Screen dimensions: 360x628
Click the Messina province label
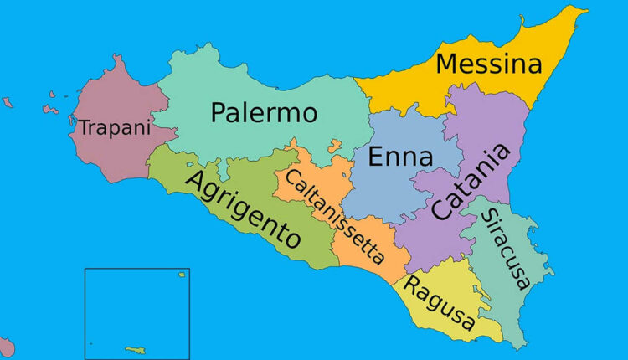[x=489, y=64]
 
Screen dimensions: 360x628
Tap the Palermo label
[x=264, y=112]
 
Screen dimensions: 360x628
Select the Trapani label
[x=114, y=128]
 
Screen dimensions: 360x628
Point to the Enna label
[x=401, y=157]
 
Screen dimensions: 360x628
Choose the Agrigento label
[x=244, y=208]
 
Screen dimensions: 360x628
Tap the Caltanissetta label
[x=334, y=216]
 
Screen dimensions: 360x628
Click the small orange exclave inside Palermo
[x=335, y=146]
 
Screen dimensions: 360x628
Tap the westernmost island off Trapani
[x=8, y=102]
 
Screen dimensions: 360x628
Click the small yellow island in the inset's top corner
[x=181, y=274]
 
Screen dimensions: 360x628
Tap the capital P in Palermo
[x=219, y=112]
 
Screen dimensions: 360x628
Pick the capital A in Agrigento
[x=198, y=182]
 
